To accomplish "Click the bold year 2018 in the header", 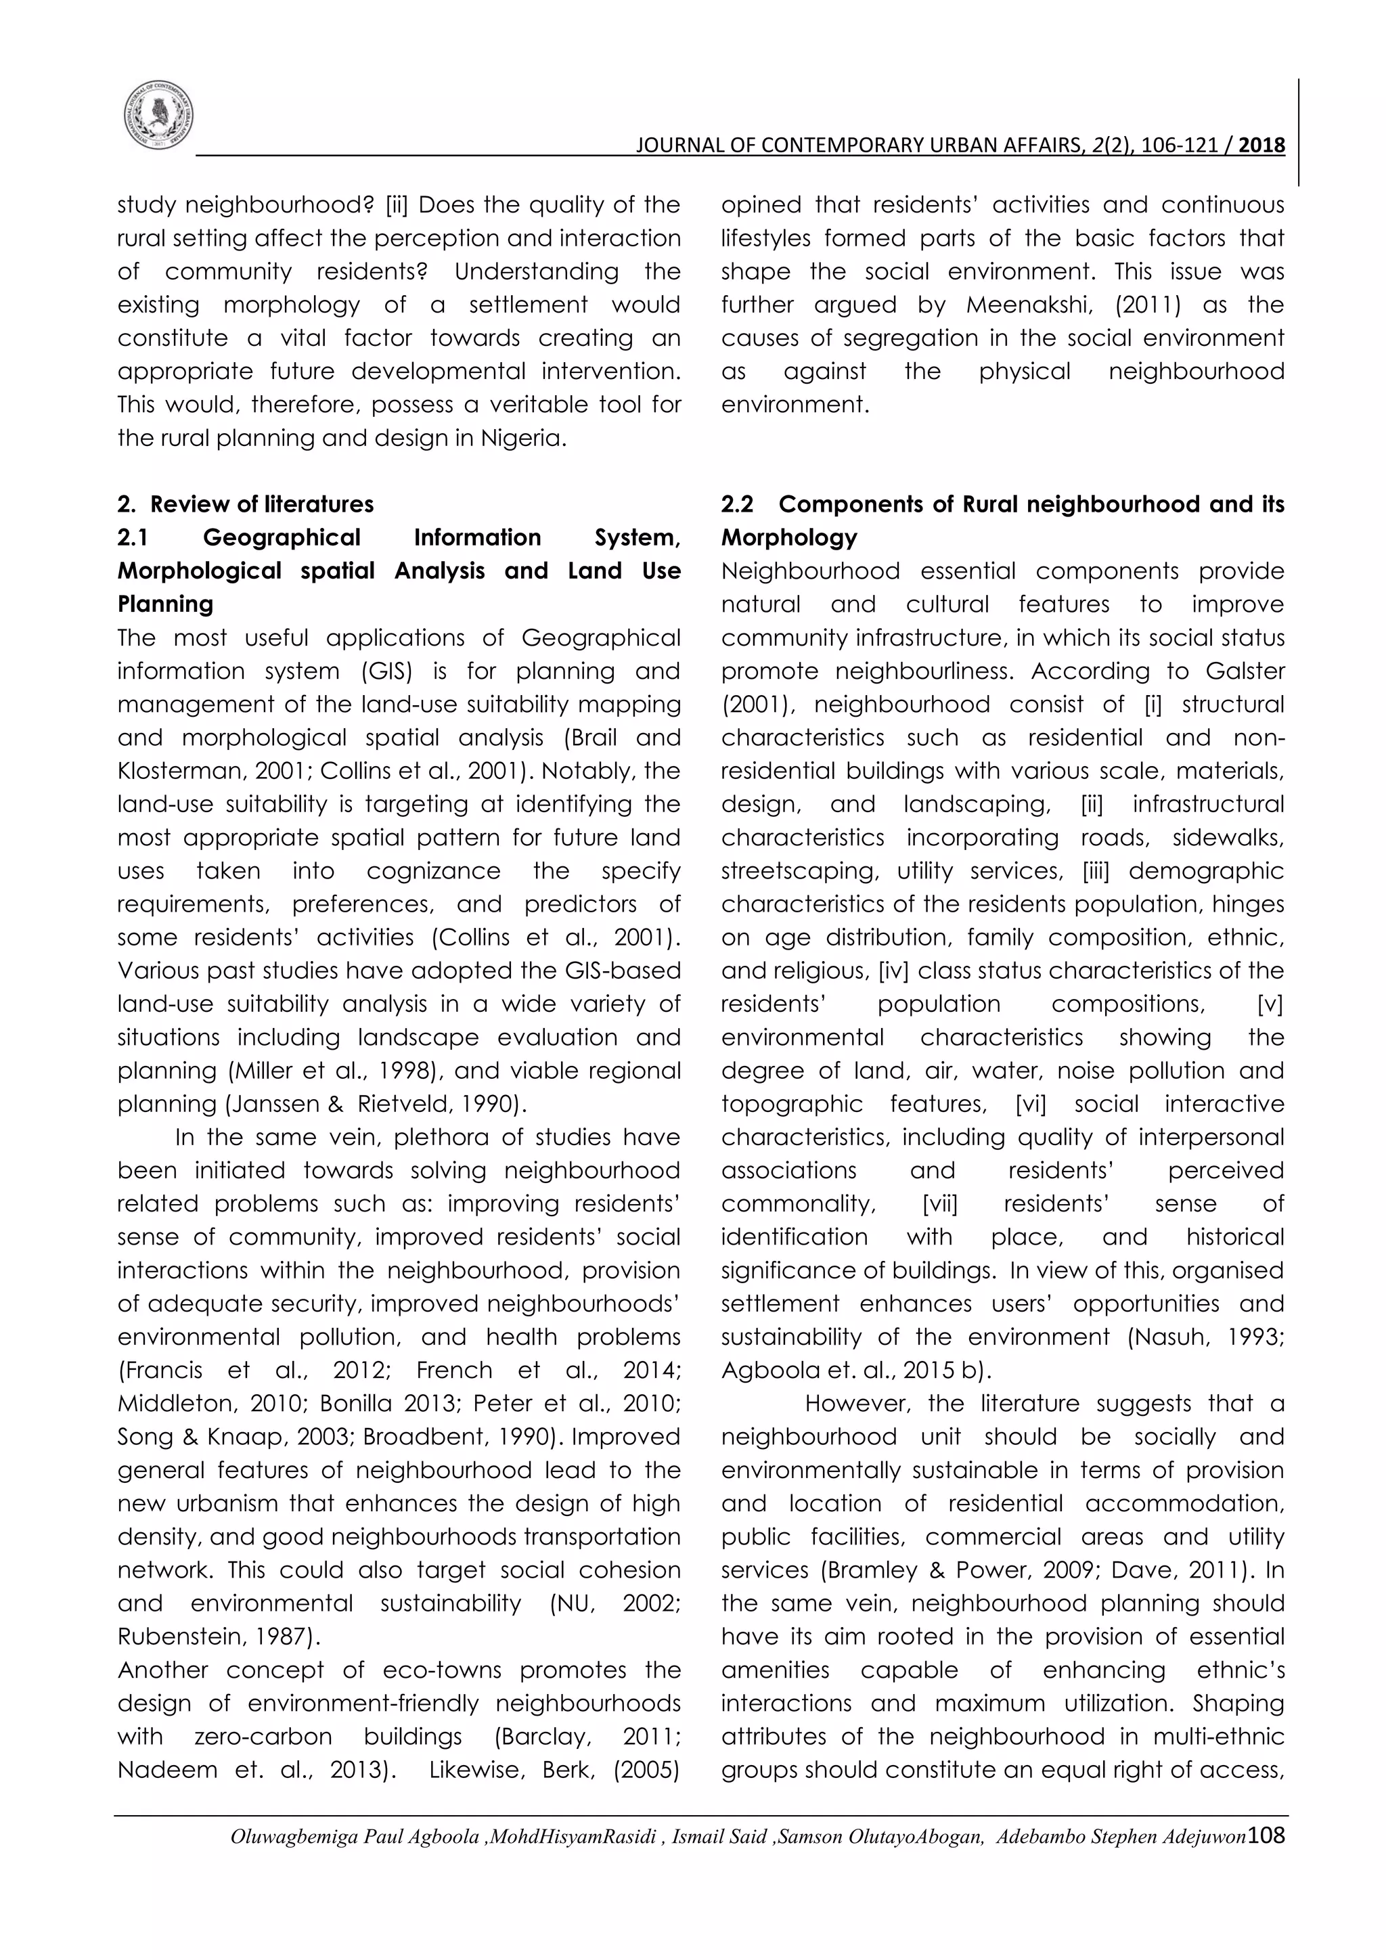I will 1261,146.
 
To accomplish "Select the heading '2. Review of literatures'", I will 246,504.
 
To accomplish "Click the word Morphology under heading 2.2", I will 788,538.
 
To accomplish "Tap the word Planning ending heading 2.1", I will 166,604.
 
